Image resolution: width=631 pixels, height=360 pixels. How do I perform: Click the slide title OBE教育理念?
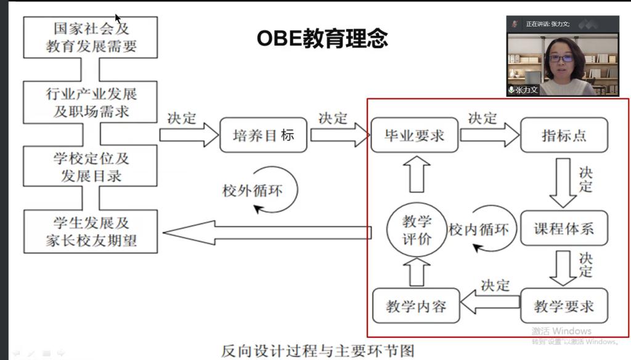click(x=322, y=38)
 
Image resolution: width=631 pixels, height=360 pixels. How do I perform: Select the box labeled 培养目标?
click(x=263, y=135)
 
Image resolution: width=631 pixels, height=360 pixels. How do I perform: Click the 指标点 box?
click(x=564, y=135)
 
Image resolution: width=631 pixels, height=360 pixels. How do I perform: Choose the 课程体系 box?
click(x=564, y=229)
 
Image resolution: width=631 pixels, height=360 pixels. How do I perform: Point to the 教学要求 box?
click(x=564, y=306)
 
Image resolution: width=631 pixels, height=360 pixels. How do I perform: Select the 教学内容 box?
click(x=416, y=306)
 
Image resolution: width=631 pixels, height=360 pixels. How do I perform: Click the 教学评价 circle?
click(x=417, y=231)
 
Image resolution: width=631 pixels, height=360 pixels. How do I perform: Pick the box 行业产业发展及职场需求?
click(x=91, y=102)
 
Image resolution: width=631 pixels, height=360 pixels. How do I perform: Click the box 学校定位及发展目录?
click(x=91, y=166)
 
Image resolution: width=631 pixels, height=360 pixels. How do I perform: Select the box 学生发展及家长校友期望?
click(x=91, y=231)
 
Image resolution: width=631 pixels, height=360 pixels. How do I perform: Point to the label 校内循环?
click(x=479, y=230)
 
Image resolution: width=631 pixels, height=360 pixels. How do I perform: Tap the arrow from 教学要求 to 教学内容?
click(x=491, y=303)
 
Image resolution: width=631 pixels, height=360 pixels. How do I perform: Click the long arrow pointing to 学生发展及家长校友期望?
click(x=265, y=232)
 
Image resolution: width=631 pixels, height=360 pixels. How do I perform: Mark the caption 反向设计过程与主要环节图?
click(x=318, y=351)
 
